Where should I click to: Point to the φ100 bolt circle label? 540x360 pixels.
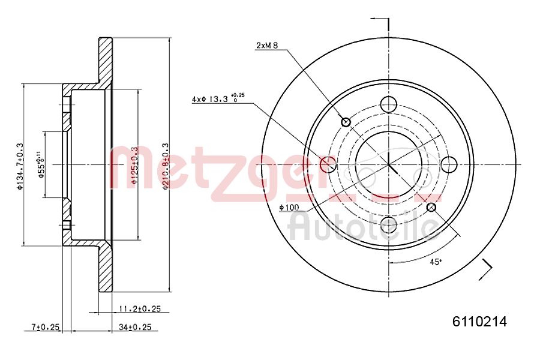point(289,208)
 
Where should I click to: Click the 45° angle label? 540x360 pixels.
point(436,262)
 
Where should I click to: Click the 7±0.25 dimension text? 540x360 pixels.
point(46,327)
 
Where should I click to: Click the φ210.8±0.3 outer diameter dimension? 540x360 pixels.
point(166,166)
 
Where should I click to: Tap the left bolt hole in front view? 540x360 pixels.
point(328,164)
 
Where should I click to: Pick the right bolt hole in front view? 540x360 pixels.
point(449,164)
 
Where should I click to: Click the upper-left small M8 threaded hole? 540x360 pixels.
point(346,122)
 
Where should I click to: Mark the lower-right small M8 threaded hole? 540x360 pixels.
point(431,207)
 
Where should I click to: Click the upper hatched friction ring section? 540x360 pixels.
point(105,60)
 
